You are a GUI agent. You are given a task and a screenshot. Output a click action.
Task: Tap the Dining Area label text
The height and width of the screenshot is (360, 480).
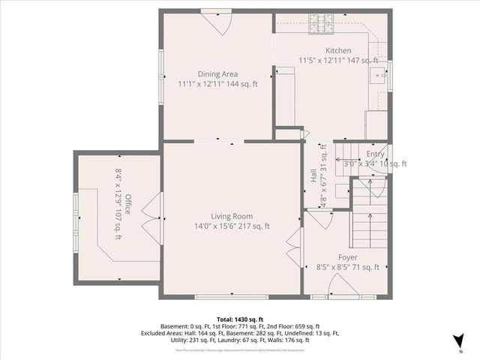point(217,73)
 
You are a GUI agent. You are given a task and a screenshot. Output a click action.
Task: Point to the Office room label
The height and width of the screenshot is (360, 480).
point(128,204)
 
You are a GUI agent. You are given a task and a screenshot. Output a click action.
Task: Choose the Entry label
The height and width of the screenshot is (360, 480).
point(375,153)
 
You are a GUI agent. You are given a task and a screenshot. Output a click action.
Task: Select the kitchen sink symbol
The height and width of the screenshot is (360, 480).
point(377,74)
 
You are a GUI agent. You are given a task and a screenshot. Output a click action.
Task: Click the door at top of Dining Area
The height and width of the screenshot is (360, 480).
point(217,20)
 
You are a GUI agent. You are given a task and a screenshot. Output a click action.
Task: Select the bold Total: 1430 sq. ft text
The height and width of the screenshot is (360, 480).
point(239,319)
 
